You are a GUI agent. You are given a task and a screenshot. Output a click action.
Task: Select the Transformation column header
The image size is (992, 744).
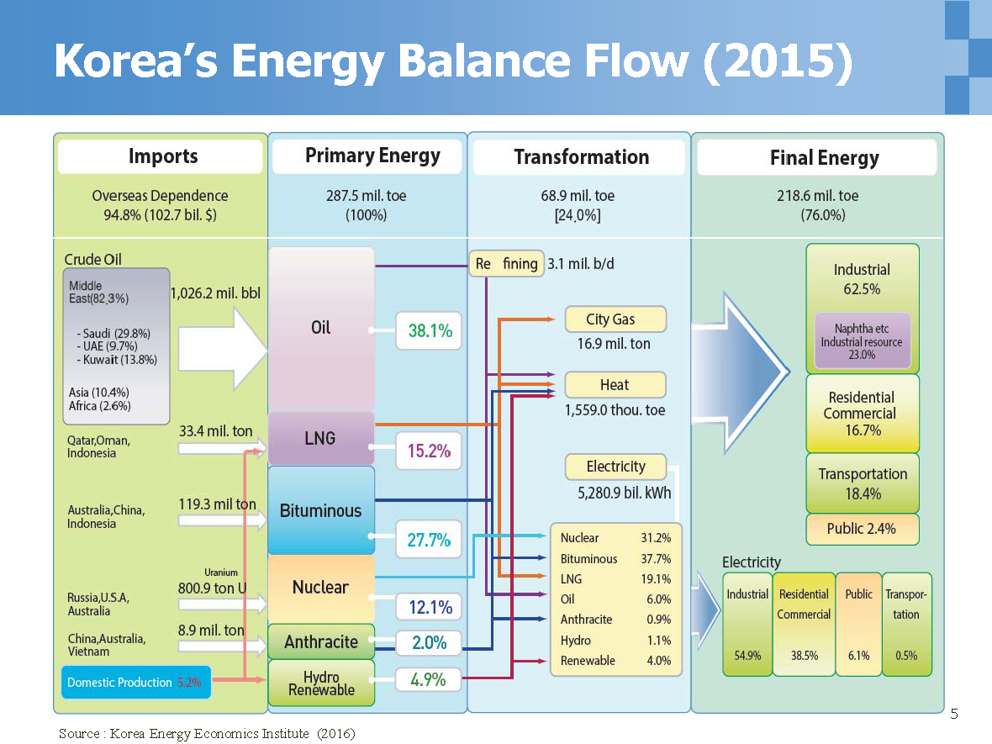(581, 157)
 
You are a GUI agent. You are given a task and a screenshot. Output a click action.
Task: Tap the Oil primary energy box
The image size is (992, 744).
(321, 328)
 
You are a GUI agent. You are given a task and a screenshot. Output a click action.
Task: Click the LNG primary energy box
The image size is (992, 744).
(320, 437)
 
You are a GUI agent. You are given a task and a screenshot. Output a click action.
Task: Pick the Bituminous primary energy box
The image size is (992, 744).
(320, 510)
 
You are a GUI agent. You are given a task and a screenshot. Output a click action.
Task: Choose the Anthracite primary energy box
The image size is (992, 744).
(321, 641)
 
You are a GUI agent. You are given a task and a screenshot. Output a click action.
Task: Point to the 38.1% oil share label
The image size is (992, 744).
(430, 331)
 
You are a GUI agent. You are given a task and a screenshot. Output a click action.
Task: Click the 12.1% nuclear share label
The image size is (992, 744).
(430, 607)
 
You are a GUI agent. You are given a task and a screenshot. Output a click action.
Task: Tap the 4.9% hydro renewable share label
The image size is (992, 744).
(428, 679)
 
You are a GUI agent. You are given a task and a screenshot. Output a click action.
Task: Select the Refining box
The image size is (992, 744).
(506, 264)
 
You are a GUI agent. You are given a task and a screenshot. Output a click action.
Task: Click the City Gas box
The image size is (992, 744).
(615, 319)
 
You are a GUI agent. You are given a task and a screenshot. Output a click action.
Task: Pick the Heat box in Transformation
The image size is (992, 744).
(615, 385)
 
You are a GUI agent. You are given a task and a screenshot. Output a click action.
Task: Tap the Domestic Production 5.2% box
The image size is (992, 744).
(135, 682)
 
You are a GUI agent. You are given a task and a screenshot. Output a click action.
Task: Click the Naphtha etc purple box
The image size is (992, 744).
(862, 341)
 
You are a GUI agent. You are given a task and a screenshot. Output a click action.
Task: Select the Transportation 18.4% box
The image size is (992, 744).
(863, 483)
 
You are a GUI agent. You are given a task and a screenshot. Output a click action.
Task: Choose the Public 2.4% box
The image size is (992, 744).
(862, 529)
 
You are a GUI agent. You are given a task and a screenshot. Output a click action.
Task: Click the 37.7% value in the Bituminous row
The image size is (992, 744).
(656, 559)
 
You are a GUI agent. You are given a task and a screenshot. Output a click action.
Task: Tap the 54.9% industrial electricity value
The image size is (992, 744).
(747, 656)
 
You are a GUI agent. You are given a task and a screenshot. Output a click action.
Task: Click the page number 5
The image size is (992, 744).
(953, 715)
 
